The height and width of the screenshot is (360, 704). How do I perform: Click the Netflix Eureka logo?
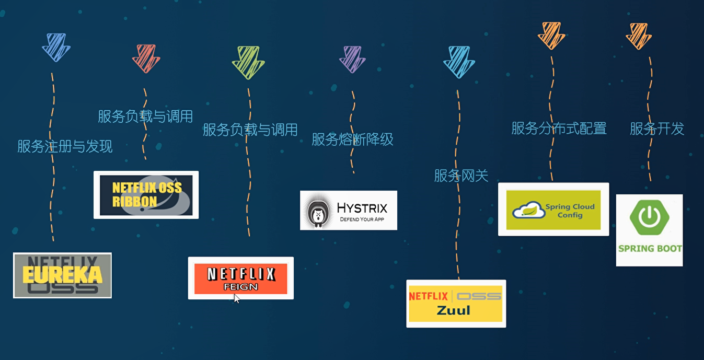[x=62, y=275]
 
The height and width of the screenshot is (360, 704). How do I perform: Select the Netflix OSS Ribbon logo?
[x=146, y=195]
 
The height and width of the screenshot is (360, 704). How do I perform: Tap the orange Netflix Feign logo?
[x=240, y=278]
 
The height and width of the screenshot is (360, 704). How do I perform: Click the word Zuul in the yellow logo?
[x=453, y=310]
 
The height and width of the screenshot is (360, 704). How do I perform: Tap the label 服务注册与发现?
[x=65, y=146]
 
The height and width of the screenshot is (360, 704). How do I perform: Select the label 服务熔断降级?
[x=352, y=140]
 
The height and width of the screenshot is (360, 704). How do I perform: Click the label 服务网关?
[x=461, y=176]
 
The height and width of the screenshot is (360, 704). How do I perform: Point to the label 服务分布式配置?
[x=559, y=128]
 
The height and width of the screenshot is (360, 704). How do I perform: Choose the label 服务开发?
[x=657, y=129]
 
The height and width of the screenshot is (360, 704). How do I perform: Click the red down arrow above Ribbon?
[x=146, y=58]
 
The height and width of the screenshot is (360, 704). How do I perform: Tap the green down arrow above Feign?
[x=248, y=62]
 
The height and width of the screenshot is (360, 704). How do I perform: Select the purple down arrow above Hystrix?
[x=352, y=59]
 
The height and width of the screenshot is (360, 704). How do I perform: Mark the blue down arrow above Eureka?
[x=56, y=47]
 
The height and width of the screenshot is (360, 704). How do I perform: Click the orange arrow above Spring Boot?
[x=639, y=36]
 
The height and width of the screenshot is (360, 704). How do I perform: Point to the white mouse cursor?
[x=236, y=298]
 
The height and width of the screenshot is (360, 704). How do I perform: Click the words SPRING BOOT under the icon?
[x=650, y=248]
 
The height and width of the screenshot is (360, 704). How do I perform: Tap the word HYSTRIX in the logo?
[x=362, y=208]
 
